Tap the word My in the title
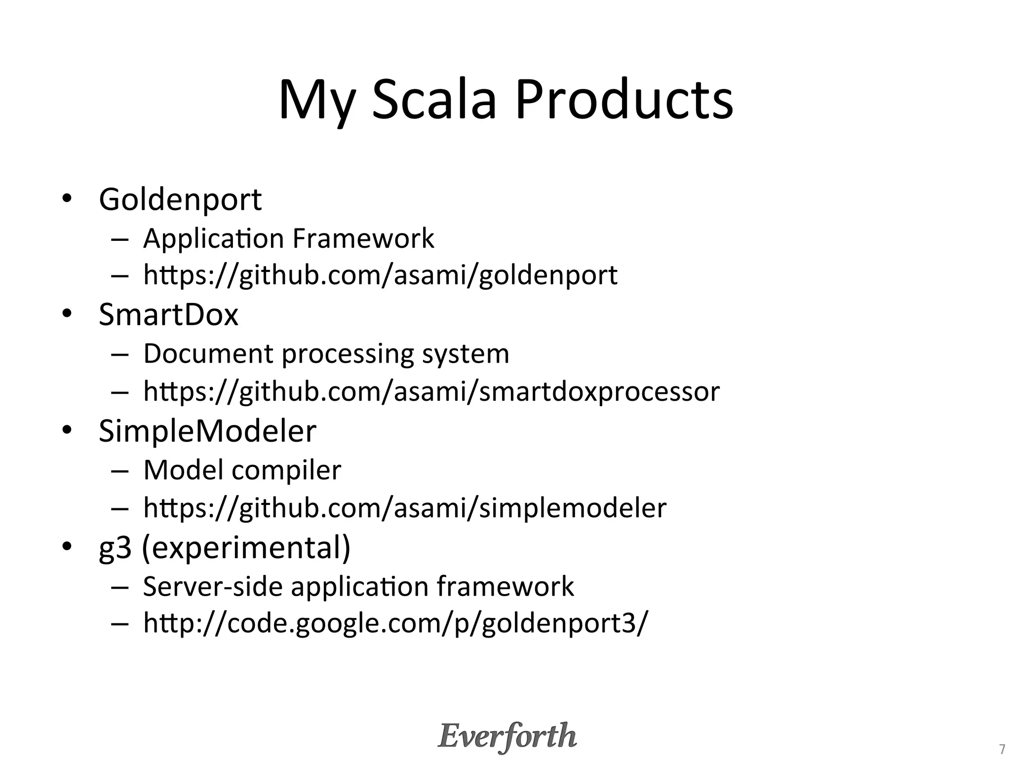point(316,102)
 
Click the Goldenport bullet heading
point(180,200)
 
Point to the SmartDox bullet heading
point(168,314)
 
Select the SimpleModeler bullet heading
point(207,431)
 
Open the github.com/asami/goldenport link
point(380,275)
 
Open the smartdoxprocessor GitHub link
point(431,391)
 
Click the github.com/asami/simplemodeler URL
point(405,508)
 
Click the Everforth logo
point(507,736)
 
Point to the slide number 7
point(1002,749)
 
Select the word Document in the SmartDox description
point(208,354)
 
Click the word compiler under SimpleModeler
point(286,470)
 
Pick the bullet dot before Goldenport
point(67,200)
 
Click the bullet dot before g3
point(67,547)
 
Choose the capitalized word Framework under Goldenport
point(363,238)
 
